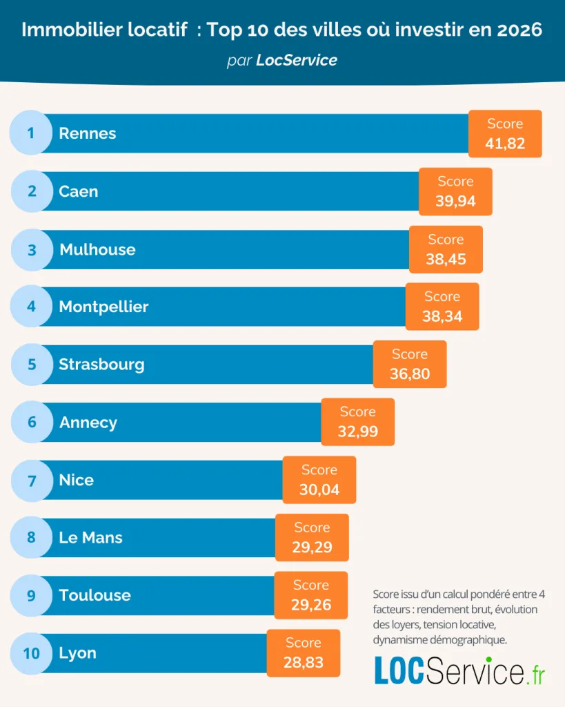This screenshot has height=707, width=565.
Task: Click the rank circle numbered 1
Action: [x=31, y=133]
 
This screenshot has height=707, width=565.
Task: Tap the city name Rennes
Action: [x=88, y=133]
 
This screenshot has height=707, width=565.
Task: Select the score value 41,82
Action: [x=505, y=144]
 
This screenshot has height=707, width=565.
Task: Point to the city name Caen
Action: [x=79, y=191]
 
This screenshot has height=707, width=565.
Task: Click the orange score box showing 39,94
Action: [x=455, y=192]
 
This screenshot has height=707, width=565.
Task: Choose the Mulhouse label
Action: [x=97, y=249]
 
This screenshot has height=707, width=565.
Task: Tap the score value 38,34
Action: [x=442, y=317]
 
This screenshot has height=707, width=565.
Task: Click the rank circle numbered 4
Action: [x=31, y=307]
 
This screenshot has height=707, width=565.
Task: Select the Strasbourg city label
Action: [x=101, y=364]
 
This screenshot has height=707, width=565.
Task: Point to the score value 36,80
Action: [x=410, y=374]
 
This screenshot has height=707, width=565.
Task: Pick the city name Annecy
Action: [x=88, y=422]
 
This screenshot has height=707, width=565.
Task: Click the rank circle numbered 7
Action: [x=32, y=480]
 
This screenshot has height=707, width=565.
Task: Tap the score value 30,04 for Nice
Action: [x=319, y=490]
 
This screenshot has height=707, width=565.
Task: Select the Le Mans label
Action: [x=90, y=537]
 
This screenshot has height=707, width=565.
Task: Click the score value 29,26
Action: [x=311, y=605]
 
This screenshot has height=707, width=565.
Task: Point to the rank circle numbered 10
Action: [x=32, y=652]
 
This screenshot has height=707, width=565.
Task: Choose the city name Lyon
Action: [x=77, y=652]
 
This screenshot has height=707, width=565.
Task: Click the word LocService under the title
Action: [x=297, y=60]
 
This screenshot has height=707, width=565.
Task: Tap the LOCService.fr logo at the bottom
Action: [x=459, y=670]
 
